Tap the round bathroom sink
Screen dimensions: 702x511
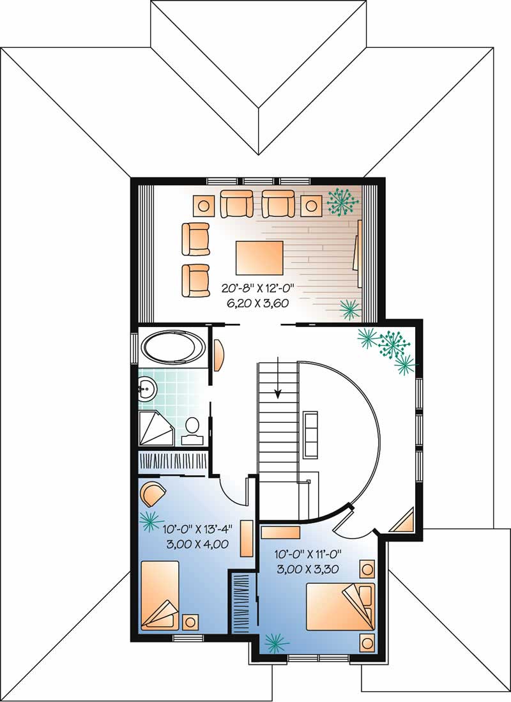[x=147, y=387]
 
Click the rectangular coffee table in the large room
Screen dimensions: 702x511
[x=259, y=256]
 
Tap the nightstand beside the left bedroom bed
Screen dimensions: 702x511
[x=191, y=622]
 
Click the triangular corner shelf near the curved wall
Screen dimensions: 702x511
[x=404, y=521]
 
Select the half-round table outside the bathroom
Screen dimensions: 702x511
[x=218, y=355]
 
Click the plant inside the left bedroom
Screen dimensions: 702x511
[x=151, y=521]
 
